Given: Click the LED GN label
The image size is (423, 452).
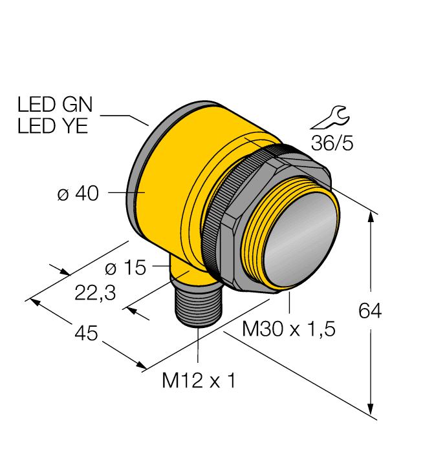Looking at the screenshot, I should [55, 104].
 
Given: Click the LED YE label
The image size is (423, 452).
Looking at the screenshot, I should [52, 126].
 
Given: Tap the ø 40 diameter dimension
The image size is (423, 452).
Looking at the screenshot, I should [78, 193].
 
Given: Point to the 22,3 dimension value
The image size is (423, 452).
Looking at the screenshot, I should [95, 293].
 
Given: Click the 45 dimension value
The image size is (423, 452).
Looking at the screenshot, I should [86, 334].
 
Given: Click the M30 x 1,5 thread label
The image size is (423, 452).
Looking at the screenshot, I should [288, 329].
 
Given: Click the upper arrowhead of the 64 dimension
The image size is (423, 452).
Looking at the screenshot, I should [371, 218].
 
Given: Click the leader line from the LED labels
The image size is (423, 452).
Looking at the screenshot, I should [126, 117].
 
